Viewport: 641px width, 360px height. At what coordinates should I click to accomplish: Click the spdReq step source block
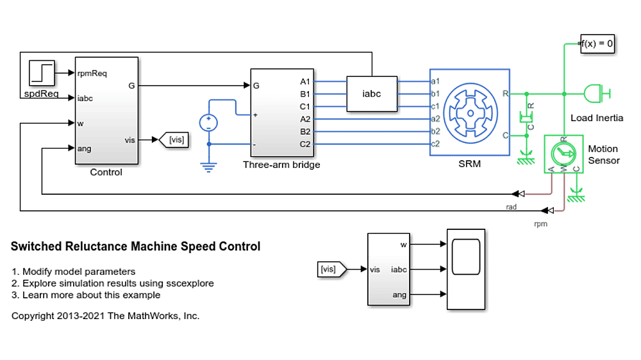coord(42,74)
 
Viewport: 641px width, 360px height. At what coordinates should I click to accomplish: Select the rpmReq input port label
coord(92,73)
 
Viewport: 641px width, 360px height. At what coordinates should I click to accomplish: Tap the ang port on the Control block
coord(83,149)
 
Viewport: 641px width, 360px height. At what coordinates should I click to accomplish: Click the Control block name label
coord(106,172)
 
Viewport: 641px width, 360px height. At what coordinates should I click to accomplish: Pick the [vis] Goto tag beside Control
coord(176,140)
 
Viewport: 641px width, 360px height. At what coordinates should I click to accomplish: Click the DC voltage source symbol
coord(208,122)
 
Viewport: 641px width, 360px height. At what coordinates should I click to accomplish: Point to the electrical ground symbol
coord(208,168)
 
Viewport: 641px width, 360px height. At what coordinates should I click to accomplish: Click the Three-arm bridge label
coord(281,165)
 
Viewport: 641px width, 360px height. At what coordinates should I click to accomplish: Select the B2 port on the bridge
coord(304,131)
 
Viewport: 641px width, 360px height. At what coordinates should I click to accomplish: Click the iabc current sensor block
coord(371,94)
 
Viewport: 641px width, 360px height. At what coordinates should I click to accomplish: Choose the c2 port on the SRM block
coord(435,143)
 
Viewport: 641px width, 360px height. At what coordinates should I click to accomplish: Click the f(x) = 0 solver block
coord(597,44)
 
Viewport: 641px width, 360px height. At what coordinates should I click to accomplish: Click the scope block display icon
coord(466,269)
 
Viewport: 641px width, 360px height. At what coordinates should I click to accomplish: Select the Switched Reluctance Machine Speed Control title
coord(136,247)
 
